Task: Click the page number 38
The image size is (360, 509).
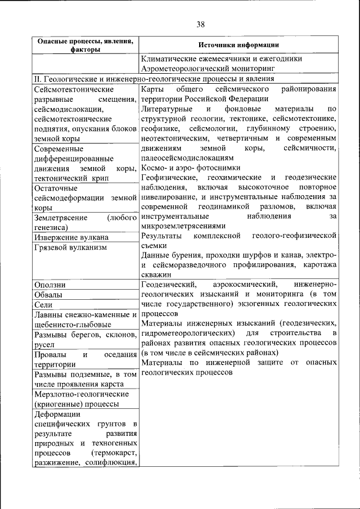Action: click(x=201, y=24)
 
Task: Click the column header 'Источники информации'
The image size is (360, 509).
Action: click(x=238, y=45)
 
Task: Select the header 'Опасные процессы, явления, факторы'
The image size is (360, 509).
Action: click(x=85, y=45)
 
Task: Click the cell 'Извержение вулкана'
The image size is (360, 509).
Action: click(x=71, y=237)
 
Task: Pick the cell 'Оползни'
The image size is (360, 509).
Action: click(x=50, y=285)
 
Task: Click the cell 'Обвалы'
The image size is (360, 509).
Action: click(x=48, y=295)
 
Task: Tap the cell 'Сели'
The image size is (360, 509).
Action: click(x=43, y=304)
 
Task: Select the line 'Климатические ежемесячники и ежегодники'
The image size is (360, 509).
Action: click(x=222, y=58)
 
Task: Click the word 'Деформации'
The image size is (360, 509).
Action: click(x=57, y=415)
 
